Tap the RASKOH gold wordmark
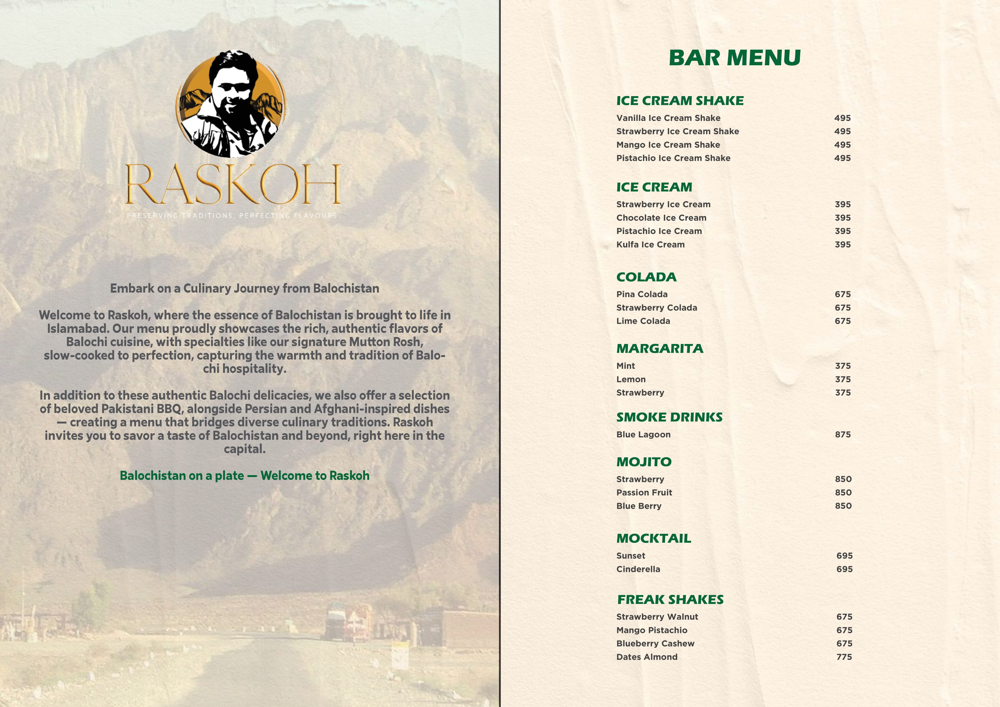pos(233,184)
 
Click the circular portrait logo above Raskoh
pos(231,104)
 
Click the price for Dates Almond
pos(844,657)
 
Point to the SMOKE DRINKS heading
pos(669,417)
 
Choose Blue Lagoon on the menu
pos(643,435)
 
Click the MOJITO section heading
pos(644,462)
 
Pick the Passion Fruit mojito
pos(644,493)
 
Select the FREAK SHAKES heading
pos(670,600)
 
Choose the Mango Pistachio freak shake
pos(651,630)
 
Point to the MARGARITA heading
pos(659,349)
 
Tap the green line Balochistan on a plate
pos(244,476)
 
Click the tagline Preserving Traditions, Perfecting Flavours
pos(232,216)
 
